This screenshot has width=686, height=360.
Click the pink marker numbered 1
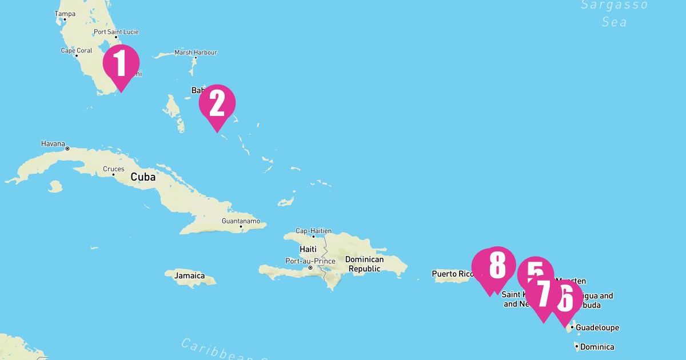pyautogui.click(x=121, y=63)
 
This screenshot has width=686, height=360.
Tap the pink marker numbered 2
pyautogui.click(x=217, y=103)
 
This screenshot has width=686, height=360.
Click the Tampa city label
pyautogui.click(x=65, y=13)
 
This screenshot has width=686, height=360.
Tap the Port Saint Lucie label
pyautogui.click(x=116, y=32)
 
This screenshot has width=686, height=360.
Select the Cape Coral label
pyautogui.click(x=77, y=51)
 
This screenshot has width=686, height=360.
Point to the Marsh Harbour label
pyautogui.click(x=196, y=53)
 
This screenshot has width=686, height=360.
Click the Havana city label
pyautogui.click(x=53, y=143)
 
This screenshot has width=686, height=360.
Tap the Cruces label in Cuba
pyautogui.click(x=113, y=169)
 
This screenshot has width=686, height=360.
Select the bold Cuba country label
pyautogui.click(x=143, y=177)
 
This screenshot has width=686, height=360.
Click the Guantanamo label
pyautogui.click(x=241, y=221)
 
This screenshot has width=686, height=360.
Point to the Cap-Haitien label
pyautogui.click(x=313, y=231)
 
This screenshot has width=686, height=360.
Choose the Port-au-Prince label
pyautogui.click(x=310, y=261)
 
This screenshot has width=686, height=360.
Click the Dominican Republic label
pyautogui.click(x=365, y=264)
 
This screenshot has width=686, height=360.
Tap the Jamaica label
pyautogui.click(x=189, y=275)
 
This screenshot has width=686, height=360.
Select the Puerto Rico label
pyautogui.click(x=453, y=274)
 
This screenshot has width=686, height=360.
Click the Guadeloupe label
pyautogui.click(x=597, y=327)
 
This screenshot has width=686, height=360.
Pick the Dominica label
pyautogui.click(x=597, y=347)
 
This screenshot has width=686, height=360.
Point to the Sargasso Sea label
pyautogui.click(x=615, y=14)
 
